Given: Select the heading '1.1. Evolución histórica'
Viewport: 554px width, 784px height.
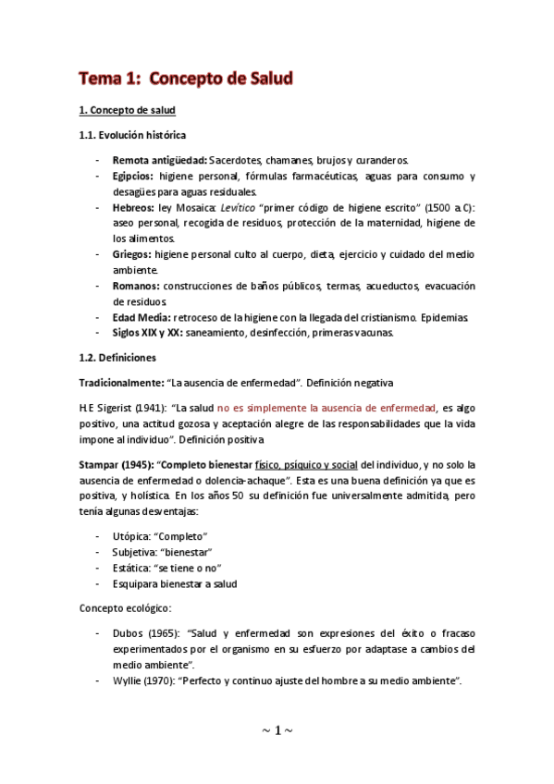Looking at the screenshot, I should pyautogui.click(x=132, y=135).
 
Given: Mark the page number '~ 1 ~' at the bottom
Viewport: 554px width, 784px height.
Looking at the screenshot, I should pyautogui.click(x=277, y=730).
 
